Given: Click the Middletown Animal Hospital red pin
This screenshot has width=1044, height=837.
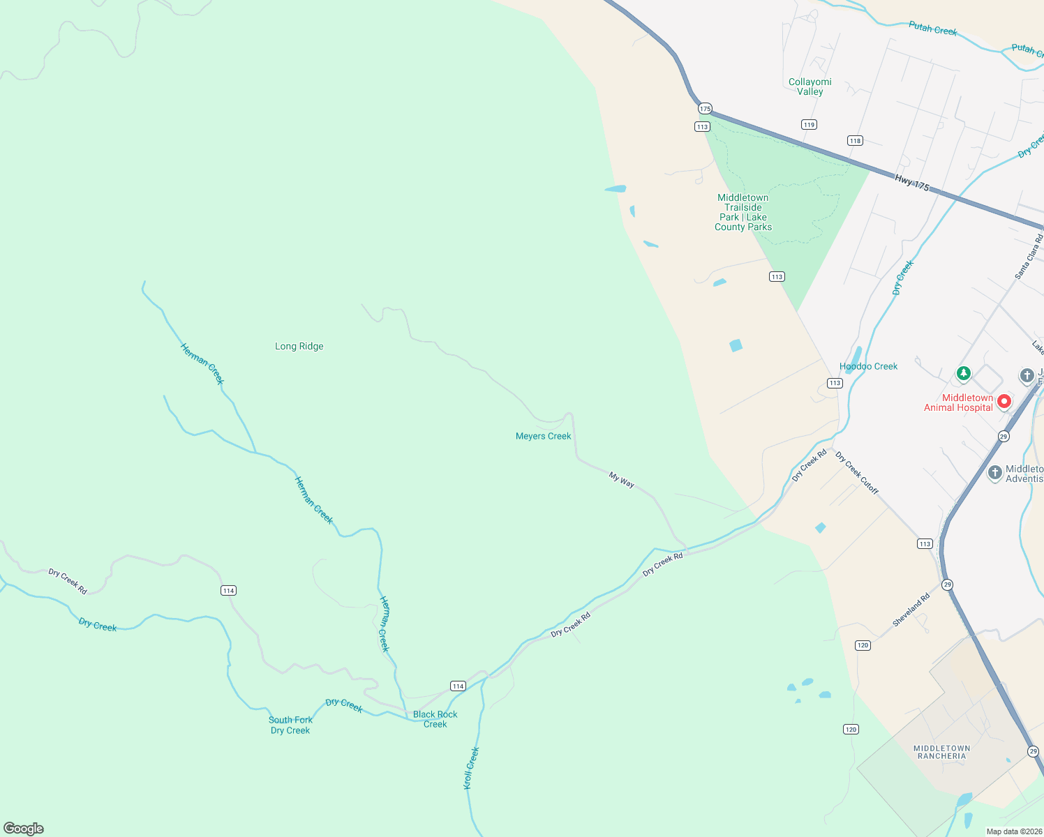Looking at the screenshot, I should pos(1004,402).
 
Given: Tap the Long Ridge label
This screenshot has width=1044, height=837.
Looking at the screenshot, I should pos(299,346).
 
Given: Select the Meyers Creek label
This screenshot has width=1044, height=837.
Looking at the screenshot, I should pos(543,436).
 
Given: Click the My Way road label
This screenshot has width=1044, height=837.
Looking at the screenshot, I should pos(621,480).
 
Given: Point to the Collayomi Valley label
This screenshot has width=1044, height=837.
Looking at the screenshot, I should pos(810,86).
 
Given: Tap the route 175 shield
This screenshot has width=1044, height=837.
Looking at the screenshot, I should pos(705,108).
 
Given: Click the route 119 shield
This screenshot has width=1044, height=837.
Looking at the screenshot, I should pos(809,125).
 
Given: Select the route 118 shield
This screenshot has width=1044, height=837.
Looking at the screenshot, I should pos(855,141).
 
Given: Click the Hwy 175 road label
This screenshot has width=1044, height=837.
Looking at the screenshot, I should pos(912,183).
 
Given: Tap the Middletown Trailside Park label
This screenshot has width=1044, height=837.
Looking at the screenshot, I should pos(743,212).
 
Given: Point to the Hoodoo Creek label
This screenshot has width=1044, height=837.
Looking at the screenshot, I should pos(868,366).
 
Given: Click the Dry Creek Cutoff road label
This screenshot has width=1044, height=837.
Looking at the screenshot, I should pos(857,474).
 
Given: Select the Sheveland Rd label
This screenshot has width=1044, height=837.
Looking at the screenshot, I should pos(911,610).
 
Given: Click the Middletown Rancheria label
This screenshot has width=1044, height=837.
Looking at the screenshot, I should pos(941,752).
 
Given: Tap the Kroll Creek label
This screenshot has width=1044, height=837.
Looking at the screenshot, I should pos(472,768).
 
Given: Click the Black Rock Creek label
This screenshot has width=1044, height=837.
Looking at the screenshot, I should pos(435,719).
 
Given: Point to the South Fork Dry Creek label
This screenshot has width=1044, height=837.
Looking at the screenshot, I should pos(290,725).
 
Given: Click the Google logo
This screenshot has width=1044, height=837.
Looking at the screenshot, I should pos(24,828).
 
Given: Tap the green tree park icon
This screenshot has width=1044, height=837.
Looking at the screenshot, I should pos(963,374).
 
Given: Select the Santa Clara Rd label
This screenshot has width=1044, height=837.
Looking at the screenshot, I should pos(1029,257).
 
